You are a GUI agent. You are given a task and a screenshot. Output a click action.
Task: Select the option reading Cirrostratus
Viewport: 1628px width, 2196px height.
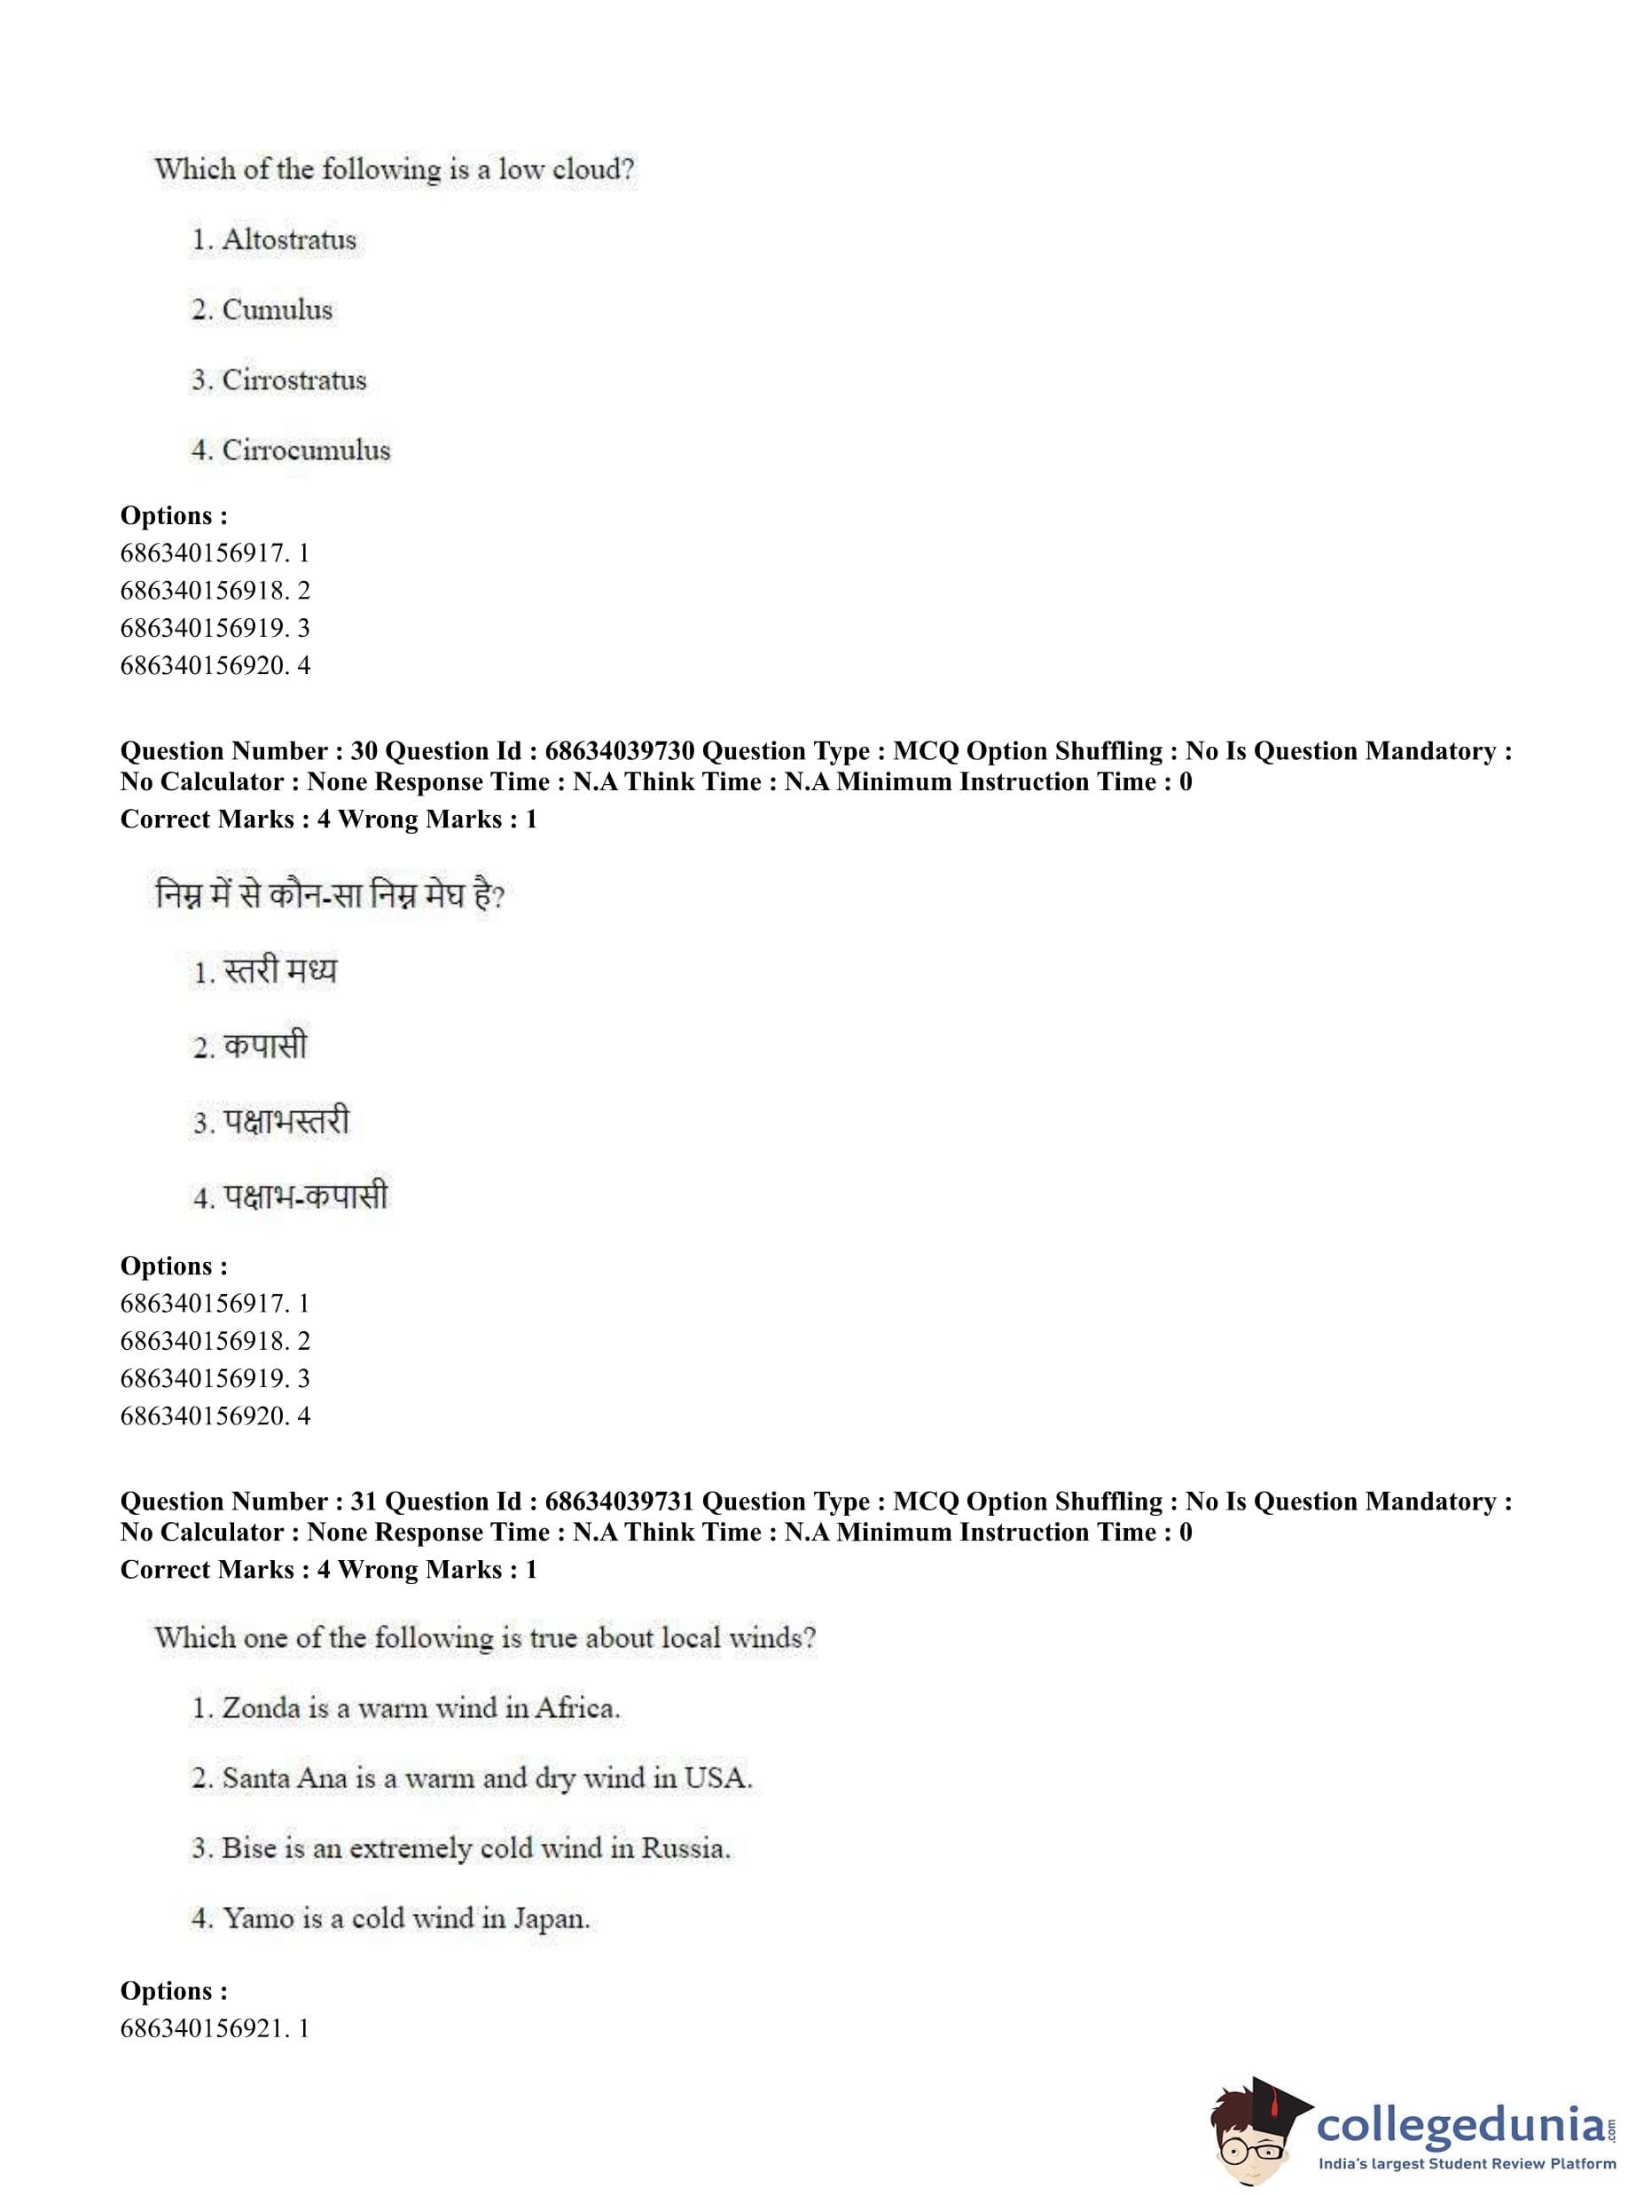click(294, 380)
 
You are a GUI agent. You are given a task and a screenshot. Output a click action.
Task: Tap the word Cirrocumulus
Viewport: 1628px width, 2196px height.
click(306, 451)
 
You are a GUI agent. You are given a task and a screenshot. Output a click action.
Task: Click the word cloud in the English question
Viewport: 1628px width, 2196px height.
click(592, 169)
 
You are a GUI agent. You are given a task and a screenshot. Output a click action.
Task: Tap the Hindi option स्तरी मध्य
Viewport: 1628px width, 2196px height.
click(281, 971)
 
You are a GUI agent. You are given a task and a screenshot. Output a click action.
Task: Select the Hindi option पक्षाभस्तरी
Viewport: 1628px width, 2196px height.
click(286, 1122)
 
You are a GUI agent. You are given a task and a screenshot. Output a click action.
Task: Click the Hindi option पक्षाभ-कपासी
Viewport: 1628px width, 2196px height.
click(306, 1196)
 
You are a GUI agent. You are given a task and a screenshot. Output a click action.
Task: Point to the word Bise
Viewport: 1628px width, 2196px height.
click(250, 1848)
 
